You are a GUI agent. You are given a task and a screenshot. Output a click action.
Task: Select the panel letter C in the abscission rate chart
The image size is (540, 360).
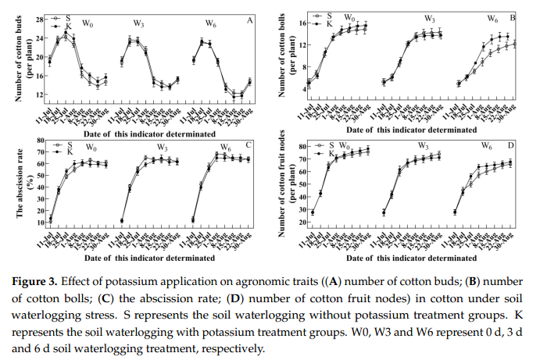(x=249, y=146)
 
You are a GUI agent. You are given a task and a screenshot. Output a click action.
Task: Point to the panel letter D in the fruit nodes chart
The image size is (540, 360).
(x=512, y=146)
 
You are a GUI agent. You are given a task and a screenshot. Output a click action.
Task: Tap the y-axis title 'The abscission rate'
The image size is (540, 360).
(x=15, y=184)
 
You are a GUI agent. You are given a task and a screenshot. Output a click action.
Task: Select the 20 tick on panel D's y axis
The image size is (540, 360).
(x=300, y=223)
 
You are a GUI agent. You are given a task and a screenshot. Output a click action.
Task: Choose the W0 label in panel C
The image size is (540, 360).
(x=91, y=148)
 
